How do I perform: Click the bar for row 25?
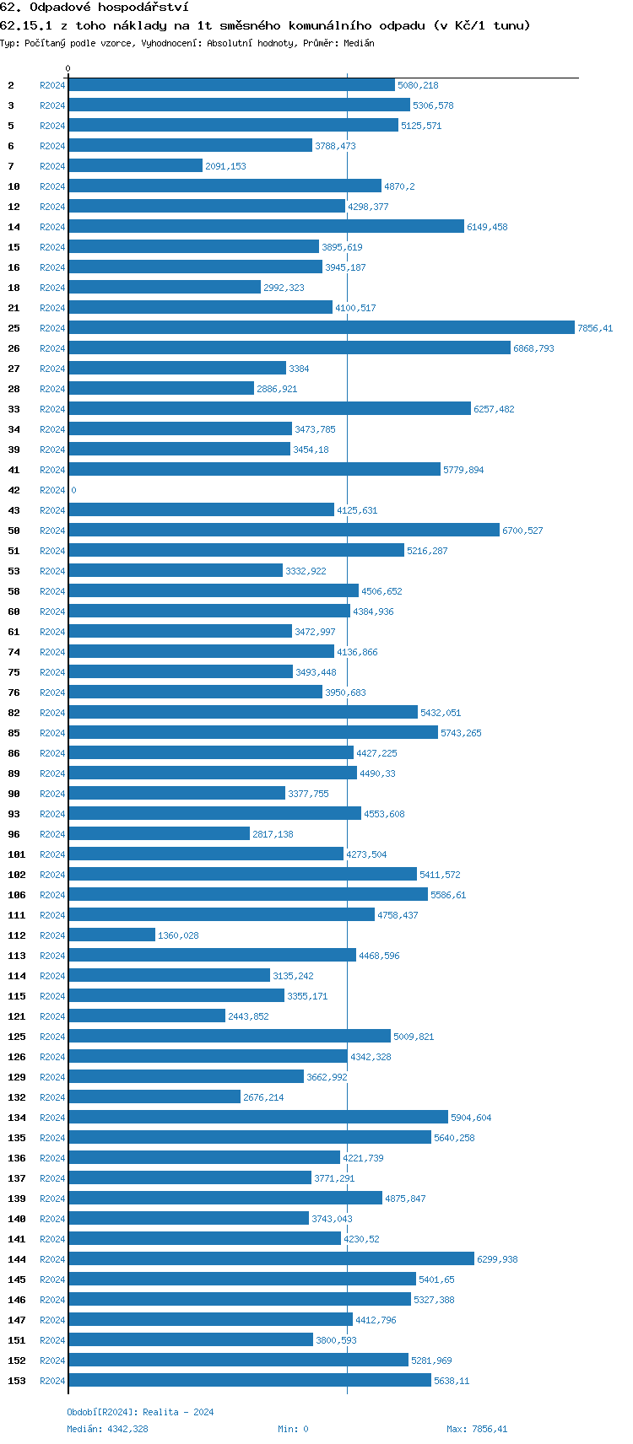click(321, 328)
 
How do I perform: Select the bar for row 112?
click(111, 935)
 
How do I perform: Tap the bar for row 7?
click(135, 166)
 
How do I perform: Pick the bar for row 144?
click(271, 1259)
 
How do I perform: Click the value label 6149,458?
click(487, 227)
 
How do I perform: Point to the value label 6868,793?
click(533, 348)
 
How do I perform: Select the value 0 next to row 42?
click(73, 490)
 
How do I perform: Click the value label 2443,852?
click(248, 1016)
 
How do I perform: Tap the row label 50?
click(14, 531)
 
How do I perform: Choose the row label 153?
click(17, 1381)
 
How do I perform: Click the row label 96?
click(14, 834)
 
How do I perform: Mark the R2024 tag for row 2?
click(52, 85)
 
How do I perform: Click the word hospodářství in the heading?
click(143, 7)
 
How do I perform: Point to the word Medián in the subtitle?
click(359, 43)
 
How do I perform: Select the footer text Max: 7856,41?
click(477, 1429)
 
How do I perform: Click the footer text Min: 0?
click(293, 1429)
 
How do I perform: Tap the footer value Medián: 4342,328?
click(107, 1429)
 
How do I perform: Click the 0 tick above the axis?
click(68, 69)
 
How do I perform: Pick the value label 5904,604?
click(471, 1118)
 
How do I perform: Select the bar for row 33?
click(269, 409)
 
